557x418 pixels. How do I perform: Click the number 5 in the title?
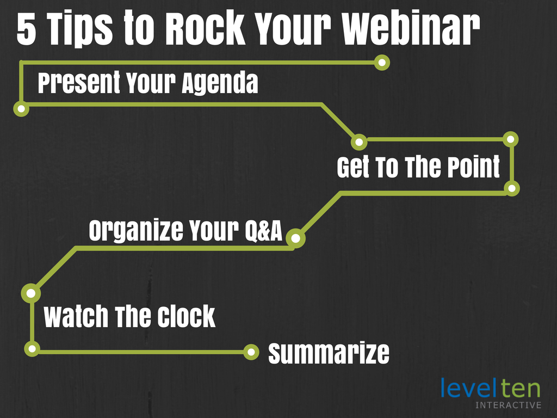pos(27,30)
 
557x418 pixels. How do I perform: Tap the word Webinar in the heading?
pos(410,29)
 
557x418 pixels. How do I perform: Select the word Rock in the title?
pos(205,29)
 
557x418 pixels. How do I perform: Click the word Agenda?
pos(220,83)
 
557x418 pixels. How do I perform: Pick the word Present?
pos(79,83)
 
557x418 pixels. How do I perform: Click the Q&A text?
pos(263,231)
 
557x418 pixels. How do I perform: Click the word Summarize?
pos(329,353)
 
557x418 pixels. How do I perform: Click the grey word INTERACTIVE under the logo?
pos(509,405)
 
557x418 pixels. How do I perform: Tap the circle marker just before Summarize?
pos(251,352)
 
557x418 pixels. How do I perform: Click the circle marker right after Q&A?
pos(295,238)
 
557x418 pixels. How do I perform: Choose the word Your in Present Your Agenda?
pos(151,83)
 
